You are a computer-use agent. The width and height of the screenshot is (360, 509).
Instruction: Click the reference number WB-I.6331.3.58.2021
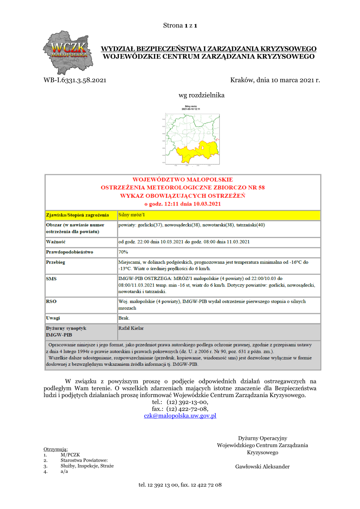[75, 81]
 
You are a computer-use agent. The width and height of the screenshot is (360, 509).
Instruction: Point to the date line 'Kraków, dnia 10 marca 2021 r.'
[275, 81]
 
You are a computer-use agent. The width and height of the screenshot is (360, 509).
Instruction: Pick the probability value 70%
[123, 252]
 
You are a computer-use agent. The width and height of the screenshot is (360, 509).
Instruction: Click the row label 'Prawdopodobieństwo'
[69, 252]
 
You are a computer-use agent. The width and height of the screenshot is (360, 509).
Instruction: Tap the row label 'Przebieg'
[56, 263]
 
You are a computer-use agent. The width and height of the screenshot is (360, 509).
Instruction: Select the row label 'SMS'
[51, 278]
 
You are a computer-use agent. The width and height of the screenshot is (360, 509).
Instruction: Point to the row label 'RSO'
[51, 301]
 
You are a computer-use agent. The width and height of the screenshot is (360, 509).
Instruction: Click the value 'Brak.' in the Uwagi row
[124, 318]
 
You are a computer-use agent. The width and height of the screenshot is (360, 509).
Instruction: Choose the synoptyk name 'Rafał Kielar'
[131, 328]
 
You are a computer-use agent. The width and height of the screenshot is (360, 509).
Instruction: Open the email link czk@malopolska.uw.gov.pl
[180, 416]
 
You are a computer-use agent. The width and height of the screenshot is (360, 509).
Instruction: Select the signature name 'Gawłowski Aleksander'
[262, 467]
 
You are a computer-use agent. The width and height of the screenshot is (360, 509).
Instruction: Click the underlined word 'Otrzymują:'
[55, 449]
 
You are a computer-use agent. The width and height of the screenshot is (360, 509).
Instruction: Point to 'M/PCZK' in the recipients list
[70, 455]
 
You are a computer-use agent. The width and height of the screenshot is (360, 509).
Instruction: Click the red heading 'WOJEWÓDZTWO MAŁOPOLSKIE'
[183, 179]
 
